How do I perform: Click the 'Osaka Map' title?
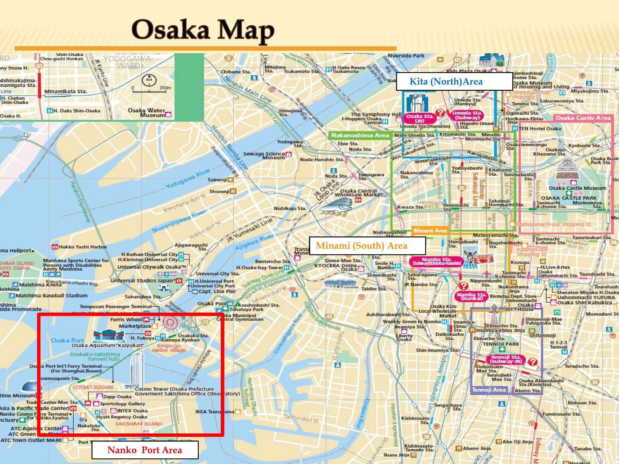(x=203, y=30)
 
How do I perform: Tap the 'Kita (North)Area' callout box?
(x=446, y=81)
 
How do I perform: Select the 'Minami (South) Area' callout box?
(x=361, y=246)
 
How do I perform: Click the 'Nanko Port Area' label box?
(x=145, y=450)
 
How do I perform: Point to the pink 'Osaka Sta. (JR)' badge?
(x=419, y=118)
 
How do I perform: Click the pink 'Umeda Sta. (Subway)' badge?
(x=467, y=115)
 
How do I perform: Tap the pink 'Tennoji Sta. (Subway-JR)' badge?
(x=506, y=359)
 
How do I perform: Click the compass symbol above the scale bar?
(x=149, y=80)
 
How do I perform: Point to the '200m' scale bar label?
(x=165, y=88)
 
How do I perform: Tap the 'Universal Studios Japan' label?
(x=142, y=281)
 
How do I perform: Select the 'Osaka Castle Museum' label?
(x=577, y=188)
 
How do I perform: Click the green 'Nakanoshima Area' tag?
(x=360, y=135)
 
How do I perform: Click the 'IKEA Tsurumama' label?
(x=214, y=412)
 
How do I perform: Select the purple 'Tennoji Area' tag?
(x=488, y=390)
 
